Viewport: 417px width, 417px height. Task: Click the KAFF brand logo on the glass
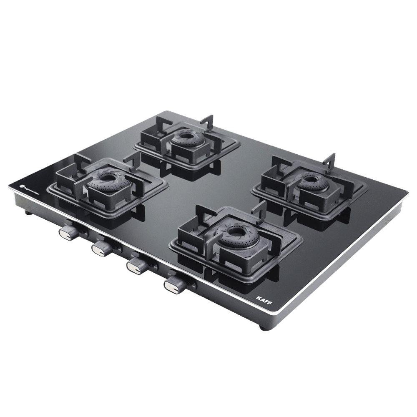pos(262,299)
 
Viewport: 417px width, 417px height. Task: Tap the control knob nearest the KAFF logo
pos(175,284)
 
